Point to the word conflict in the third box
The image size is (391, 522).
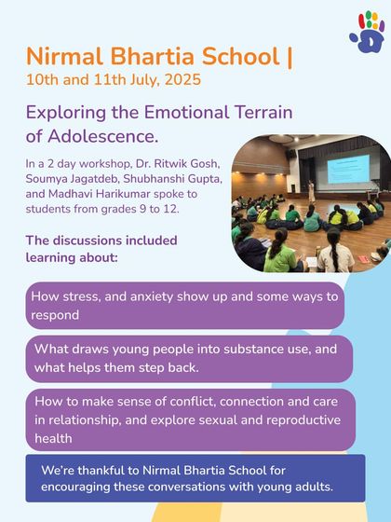[151, 404]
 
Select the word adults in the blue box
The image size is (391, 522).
[310, 486]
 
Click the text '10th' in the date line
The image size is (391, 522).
[44, 79]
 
